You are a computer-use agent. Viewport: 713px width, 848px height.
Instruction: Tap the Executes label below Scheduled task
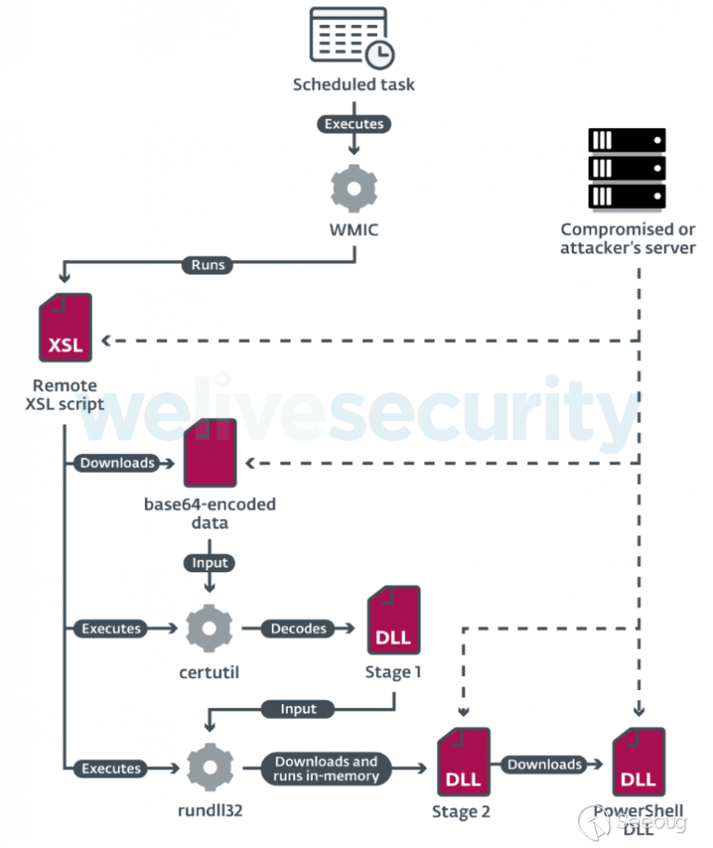coord(353,124)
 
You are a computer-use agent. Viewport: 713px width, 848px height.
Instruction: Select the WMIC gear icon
coord(355,187)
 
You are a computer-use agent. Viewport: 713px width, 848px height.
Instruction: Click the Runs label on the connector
coord(207,265)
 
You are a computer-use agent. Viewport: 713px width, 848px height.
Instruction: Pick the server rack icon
coord(627,169)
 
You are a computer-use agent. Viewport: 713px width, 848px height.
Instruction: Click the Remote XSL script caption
coord(63,395)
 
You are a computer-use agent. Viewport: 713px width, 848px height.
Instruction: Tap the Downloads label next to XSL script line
coord(117,463)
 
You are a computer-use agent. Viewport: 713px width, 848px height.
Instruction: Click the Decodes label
coord(299,629)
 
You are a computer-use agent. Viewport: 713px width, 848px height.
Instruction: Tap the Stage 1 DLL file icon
coord(394,620)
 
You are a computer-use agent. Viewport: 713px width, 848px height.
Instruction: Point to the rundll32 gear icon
coord(209,769)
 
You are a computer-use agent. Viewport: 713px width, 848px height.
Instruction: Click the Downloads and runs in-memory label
coord(326,768)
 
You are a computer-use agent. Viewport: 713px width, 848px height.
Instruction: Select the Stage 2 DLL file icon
coord(462,762)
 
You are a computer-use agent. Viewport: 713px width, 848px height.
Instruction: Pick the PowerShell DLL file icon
coord(639,762)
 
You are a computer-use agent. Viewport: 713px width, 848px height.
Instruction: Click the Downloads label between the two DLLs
coord(544,764)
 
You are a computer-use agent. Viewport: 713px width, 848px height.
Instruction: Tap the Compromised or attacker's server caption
coord(628,239)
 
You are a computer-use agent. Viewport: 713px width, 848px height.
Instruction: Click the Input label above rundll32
coord(298,709)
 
